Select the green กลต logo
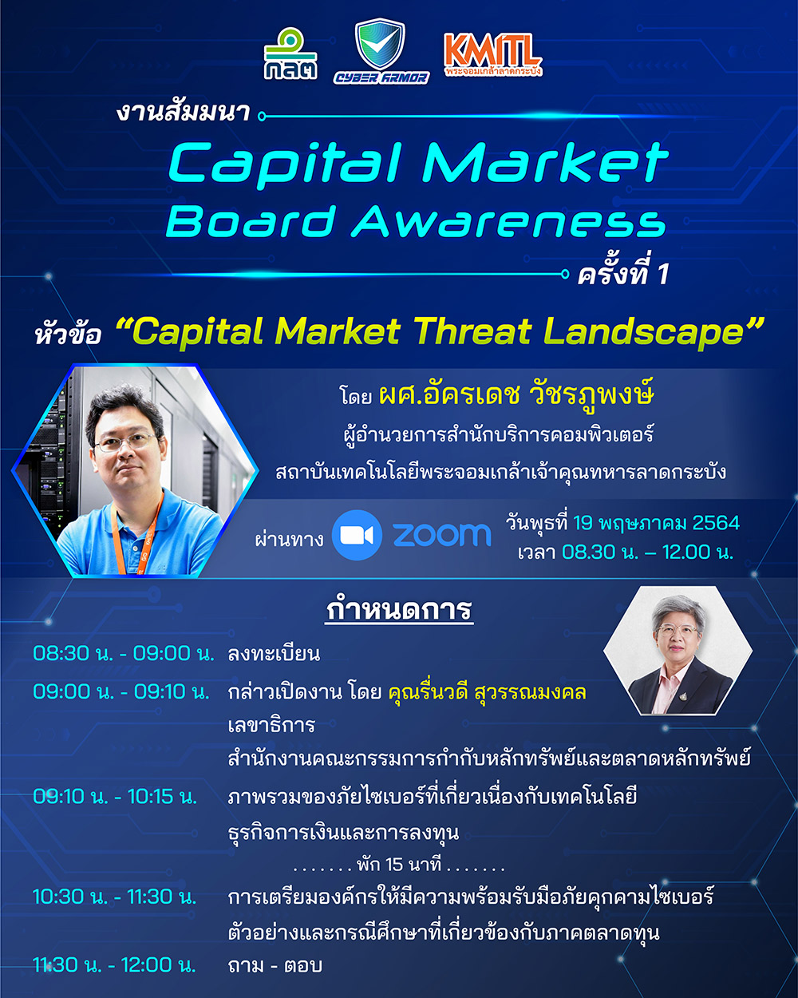click(x=290, y=54)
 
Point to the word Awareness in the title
click(x=508, y=222)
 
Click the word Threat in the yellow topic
click(x=472, y=331)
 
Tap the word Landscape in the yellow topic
click(x=645, y=333)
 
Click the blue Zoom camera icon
click(x=357, y=535)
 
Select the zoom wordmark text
click(x=442, y=535)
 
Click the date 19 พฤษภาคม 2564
click(x=656, y=523)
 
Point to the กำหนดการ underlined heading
click(x=399, y=610)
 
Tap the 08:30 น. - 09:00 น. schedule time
click(x=124, y=653)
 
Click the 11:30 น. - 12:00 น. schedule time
click(x=115, y=965)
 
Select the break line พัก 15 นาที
click(x=399, y=864)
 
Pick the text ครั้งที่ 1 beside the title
click(x=622, y=273)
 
